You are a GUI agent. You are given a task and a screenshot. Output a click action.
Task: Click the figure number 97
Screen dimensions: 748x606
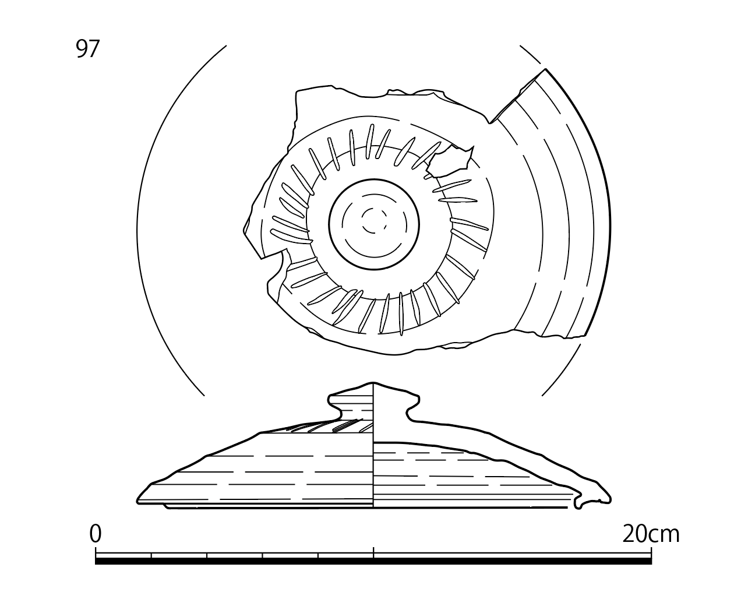(88, 49)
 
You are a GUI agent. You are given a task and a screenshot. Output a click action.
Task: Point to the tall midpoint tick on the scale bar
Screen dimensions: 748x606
(373, 552)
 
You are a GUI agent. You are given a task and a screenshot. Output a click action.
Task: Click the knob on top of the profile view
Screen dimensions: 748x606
(373, 401)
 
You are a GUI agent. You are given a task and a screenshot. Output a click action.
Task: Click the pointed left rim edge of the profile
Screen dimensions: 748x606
(137, 501)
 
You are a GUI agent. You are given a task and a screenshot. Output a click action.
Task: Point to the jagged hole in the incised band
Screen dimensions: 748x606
(450, 161)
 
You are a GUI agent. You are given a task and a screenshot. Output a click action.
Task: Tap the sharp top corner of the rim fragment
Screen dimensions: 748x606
(545, 69)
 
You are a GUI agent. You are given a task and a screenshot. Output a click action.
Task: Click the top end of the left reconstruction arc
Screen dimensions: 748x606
(226, 45)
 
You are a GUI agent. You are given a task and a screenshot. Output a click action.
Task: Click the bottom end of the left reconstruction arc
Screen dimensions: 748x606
(204, 396)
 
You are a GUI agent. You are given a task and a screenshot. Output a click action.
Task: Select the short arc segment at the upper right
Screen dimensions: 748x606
(530, 54)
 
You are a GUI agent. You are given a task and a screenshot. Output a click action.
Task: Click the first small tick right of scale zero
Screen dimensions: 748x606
(151, 555)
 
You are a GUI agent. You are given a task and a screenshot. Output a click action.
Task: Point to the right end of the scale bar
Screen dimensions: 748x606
(651, 559)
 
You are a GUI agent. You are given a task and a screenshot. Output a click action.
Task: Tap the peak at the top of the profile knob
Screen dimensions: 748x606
(373, 383)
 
